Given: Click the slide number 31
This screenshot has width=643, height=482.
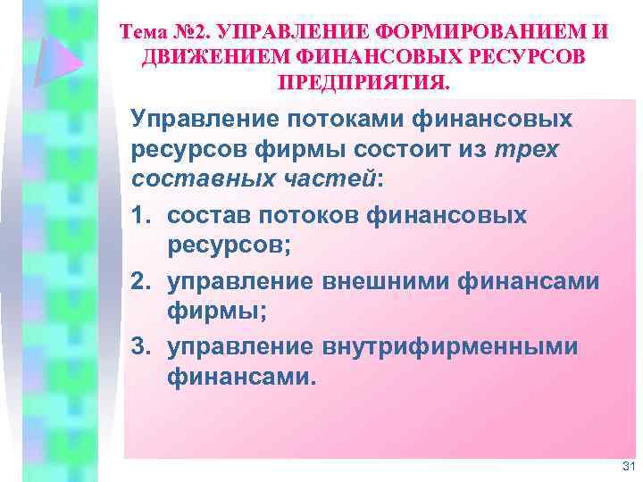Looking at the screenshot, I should (625, 466).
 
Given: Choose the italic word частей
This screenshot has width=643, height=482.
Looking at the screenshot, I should (330, 179).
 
